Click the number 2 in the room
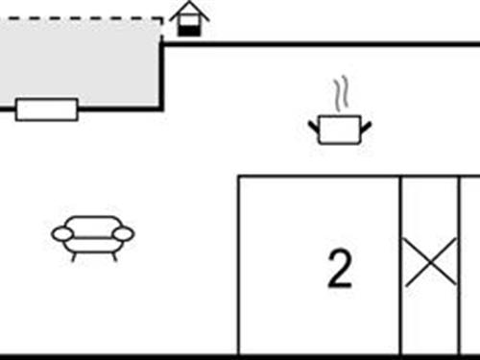[x=340, y=270]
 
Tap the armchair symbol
[x=93, y=235]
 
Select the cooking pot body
[x=338, y=130]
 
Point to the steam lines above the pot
[x=341, y=97]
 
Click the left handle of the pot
[x=313, y=124]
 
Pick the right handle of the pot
[x=364, y=124]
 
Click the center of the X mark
[x=429, y=263]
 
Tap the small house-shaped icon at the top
[x=189, y=19]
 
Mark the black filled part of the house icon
[x=190, y=31]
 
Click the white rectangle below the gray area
[x=47, y=108]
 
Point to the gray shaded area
[x=82, y=62]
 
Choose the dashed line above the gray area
[x=82, y=18]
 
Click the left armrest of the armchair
[x=61, y=233]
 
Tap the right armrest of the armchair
[x=125, y=233]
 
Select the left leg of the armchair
[x=73, y=254]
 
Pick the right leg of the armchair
[x=114, y=254]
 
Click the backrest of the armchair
[x=93, y=224]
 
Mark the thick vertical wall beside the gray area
[x=161, y=77]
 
